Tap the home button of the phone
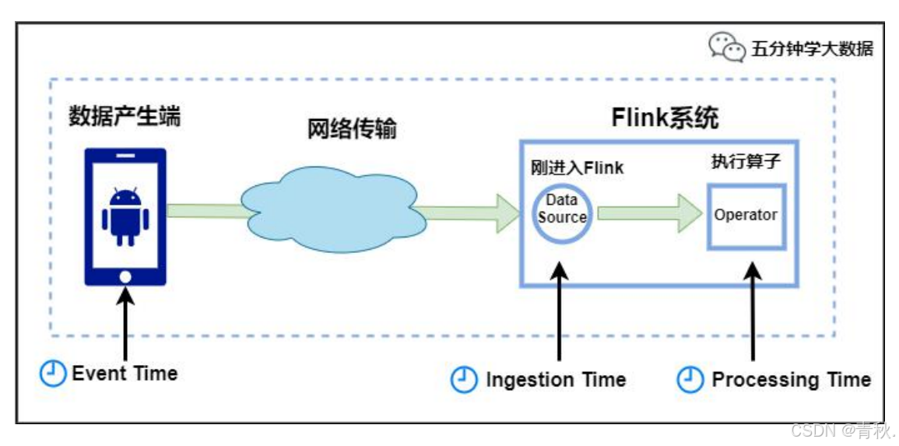[x=125, y=276]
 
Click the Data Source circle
[x=561, y=211]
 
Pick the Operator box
[x=746, y=216]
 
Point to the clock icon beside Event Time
[x=52, y=374]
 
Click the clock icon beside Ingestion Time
[x=464, y=380]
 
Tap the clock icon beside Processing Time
[x=690, y=380]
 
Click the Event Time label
[x=125, y=374]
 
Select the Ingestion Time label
[x=556, y=380]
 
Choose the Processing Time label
[x=791, y=380]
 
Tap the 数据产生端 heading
[x=125, y=118]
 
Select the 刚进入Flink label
[x=577, y=167]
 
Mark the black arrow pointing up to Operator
[x=752, y=311]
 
